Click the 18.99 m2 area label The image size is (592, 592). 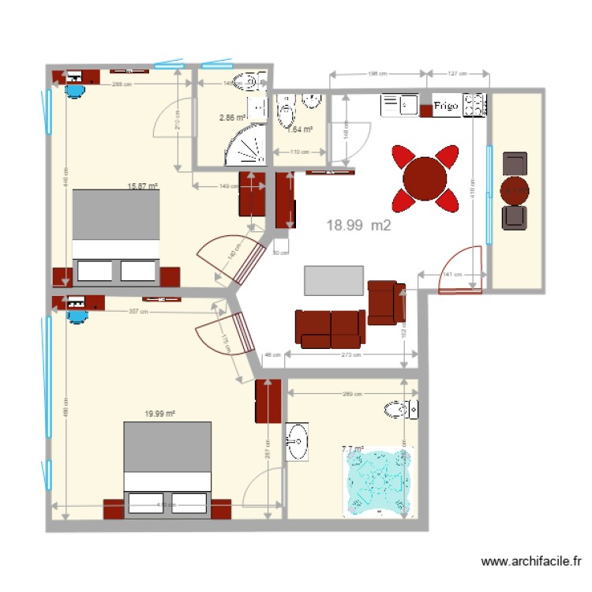pos(358,225)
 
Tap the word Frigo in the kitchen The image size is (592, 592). pos(446,106)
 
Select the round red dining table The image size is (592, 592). pos(425,178)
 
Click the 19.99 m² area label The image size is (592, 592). pos(159,413)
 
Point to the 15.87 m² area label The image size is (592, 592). pos(142,187)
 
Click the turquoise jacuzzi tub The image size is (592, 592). pos(377,482)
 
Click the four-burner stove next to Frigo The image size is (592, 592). pos(474,106)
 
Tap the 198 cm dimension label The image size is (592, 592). pos(378,74)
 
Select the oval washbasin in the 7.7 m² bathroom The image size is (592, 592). pos(298,441)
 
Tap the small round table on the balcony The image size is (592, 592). pos(515,189)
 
